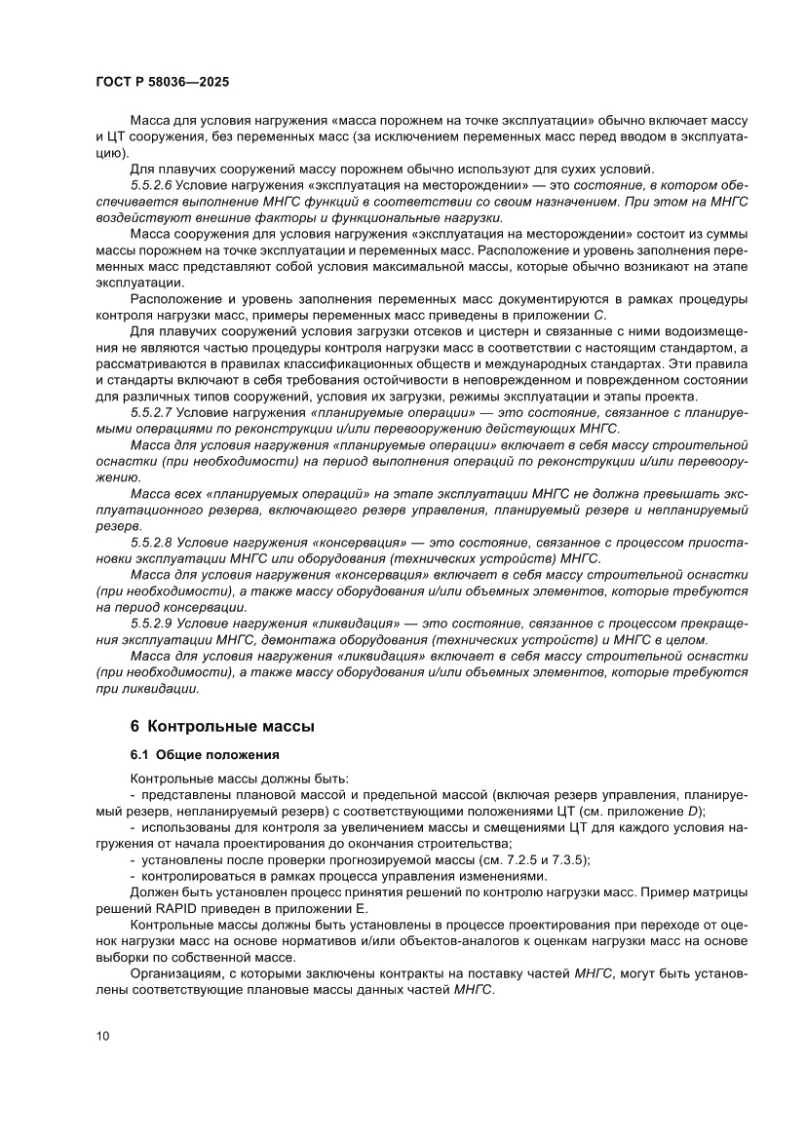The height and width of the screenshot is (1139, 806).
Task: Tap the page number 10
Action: point(103,1035)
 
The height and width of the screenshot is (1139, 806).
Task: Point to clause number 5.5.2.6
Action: point(150,185)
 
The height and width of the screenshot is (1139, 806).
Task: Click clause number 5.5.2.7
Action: point(150,413)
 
